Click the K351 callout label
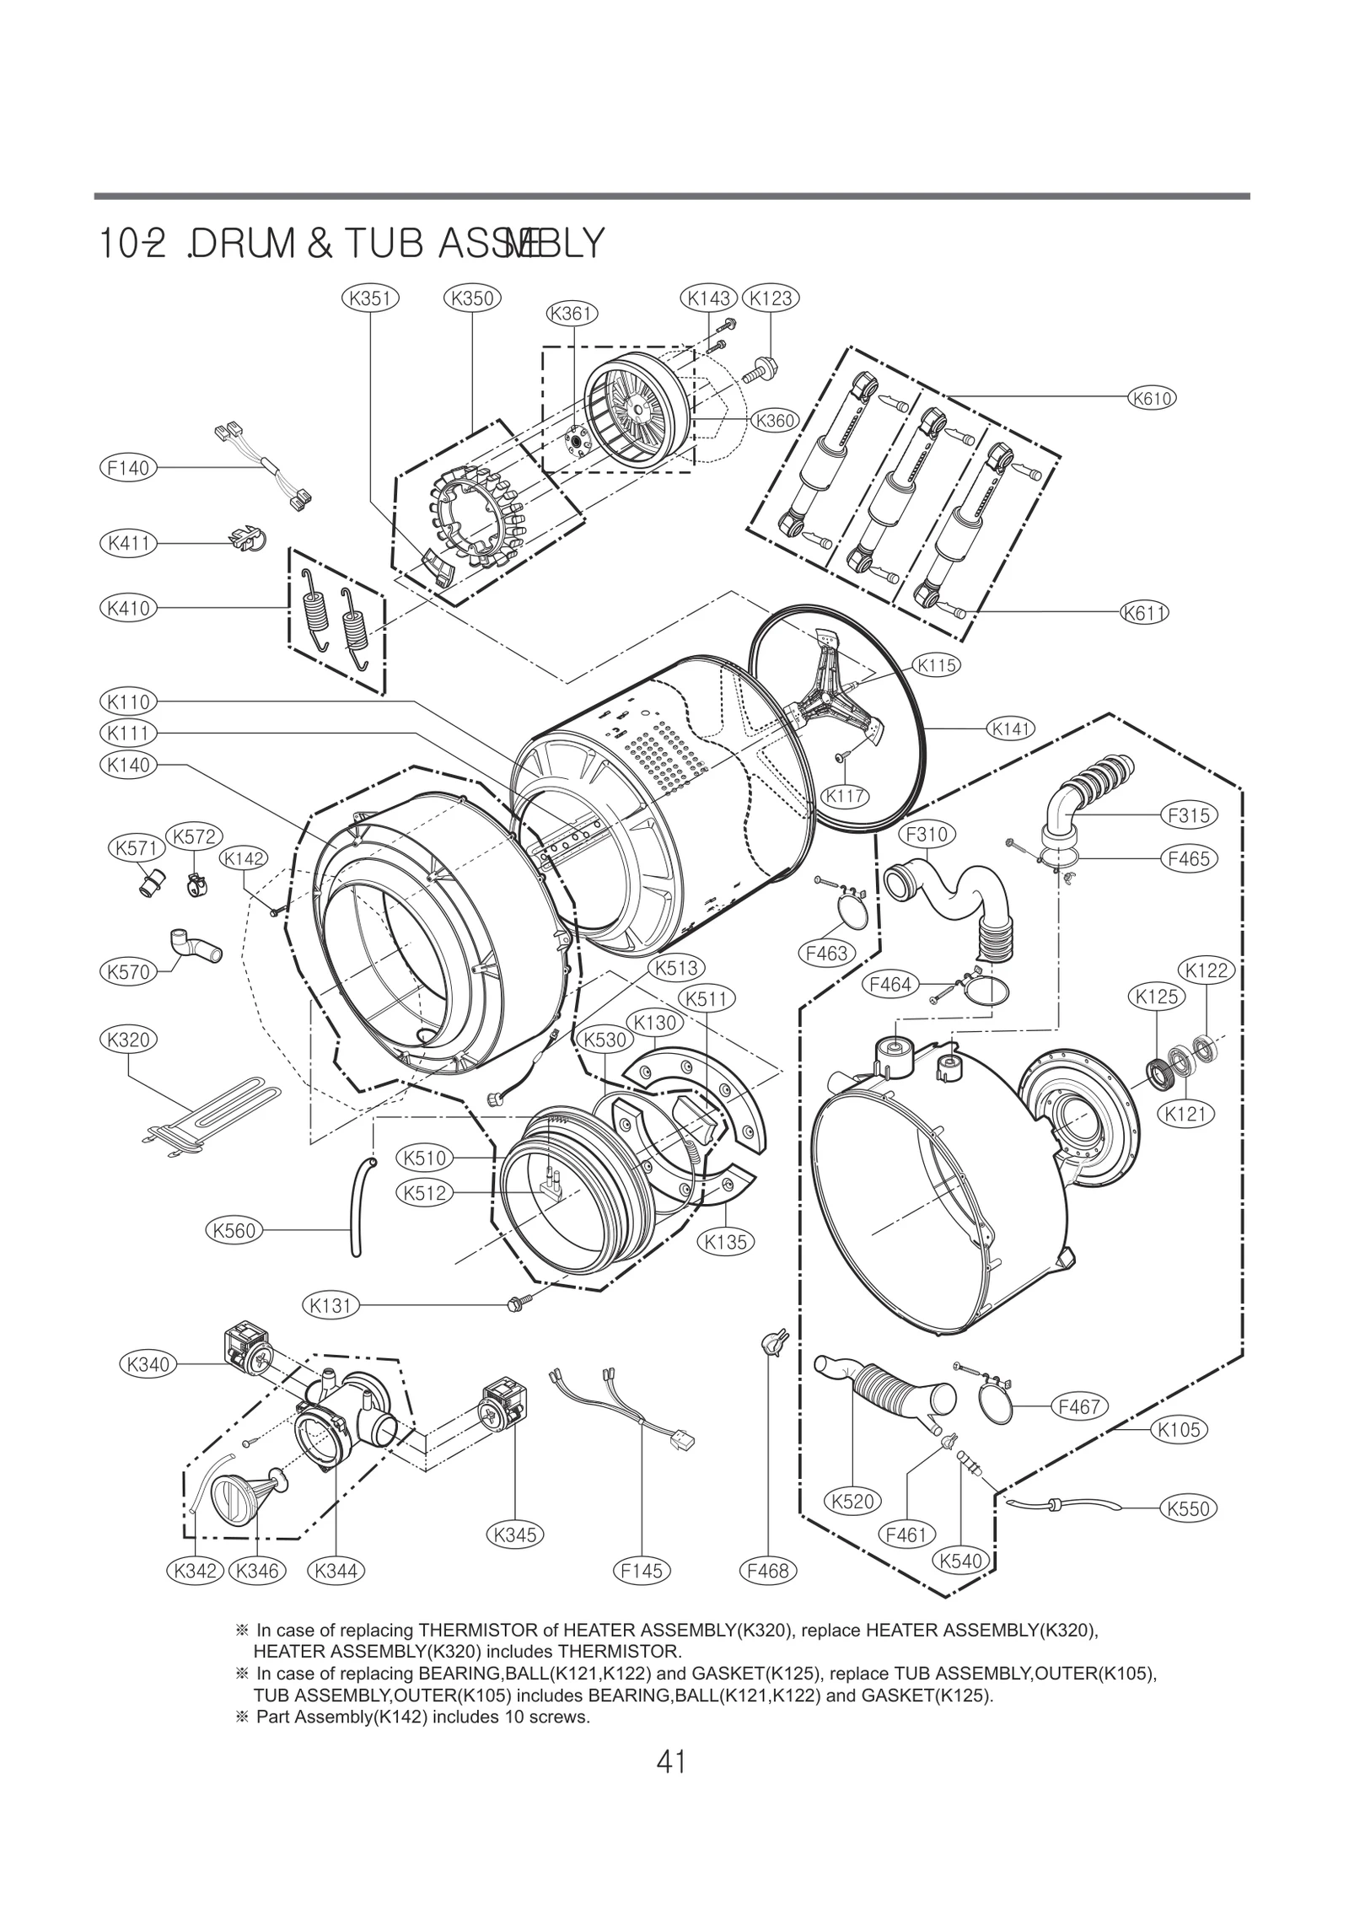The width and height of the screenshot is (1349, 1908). click(371, 298)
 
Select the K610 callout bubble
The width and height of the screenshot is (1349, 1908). click(1152, 397)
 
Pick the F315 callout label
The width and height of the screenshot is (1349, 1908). click(1189, 815)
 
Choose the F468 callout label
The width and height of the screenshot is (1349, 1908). click(769, 1571)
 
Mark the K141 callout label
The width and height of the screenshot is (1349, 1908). click(1010, 728)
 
